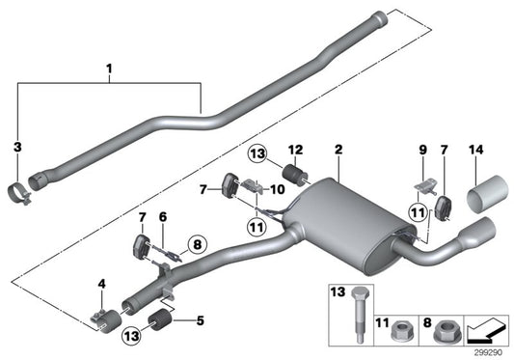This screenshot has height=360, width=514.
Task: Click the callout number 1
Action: click(109, 69)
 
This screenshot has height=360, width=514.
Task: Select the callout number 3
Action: click(16, 147)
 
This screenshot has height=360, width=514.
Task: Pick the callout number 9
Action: click(420, 150)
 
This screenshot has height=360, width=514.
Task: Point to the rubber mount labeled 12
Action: click(296, 177)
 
